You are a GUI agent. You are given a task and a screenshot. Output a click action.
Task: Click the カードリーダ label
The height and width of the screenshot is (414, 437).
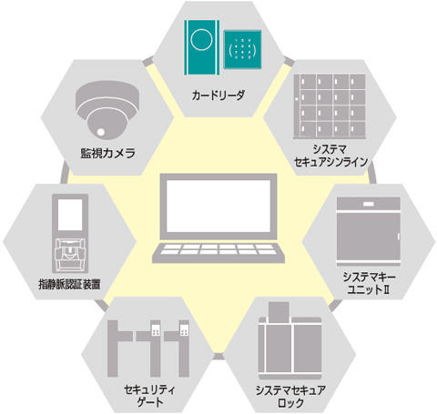tap(218, 96)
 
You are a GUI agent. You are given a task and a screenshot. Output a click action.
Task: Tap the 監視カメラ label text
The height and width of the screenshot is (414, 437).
tap(107, 153)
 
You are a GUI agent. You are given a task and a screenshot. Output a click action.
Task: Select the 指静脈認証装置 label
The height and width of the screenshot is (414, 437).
tap(69, 284)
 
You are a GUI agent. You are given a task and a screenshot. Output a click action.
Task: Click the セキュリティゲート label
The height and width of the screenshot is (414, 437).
tap(150, 396)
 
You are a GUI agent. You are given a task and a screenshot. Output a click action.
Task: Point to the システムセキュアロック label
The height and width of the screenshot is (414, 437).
tap(290, 397)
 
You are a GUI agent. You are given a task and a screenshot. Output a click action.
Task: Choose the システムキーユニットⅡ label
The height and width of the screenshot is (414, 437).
tap(369, 283)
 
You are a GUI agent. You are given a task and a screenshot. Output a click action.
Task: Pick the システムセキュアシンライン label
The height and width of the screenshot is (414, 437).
tap(330, 156)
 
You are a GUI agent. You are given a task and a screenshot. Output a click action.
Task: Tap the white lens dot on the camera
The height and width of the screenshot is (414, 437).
tap(101, 132)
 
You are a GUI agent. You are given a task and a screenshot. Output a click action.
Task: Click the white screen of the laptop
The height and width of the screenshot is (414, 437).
tap(218, 206)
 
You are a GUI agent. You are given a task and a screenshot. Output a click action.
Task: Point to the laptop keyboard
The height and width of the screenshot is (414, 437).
tap(218, 249)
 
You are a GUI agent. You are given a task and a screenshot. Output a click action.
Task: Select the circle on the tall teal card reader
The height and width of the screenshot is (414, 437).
tap(201, 40)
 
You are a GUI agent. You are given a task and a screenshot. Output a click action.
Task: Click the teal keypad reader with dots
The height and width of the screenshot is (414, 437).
tap(242, 49)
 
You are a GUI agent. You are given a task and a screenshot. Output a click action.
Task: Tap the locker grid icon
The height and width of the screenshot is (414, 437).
tap(330, 106)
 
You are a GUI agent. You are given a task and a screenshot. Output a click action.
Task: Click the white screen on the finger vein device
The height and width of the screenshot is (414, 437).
tap(70, 215)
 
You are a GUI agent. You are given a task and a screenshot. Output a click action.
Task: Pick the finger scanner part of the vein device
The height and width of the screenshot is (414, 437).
tap(70, 255)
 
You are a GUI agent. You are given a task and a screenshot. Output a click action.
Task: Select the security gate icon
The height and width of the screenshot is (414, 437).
tap(148, 348)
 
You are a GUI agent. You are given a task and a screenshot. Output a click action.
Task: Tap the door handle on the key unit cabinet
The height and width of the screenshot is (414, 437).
tap(399, 237)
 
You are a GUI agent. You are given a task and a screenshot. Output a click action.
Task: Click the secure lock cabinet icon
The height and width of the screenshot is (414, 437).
tap(290, 341)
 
